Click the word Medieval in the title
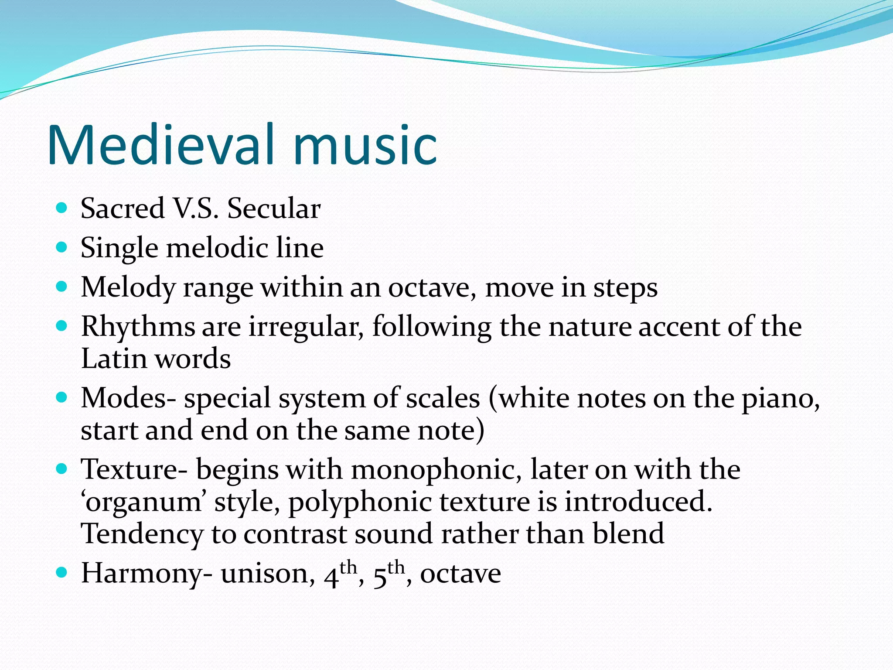[x=161, y=145]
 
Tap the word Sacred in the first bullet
[x=123, y=208]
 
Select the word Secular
[x=274, y=208]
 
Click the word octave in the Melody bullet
[x=432, y=288]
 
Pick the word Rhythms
[x=138, y=327]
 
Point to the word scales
[x=443, y=398]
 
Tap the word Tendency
[x=142, y=534]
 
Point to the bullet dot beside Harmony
[x=62, y=572]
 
